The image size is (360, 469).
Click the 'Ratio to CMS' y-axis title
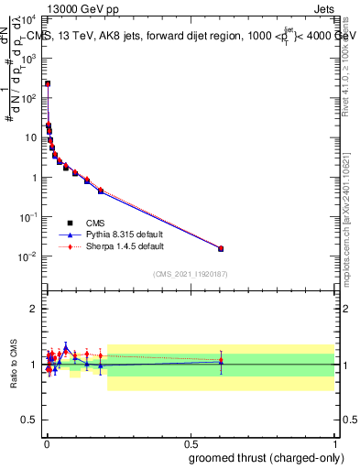click(14, 365)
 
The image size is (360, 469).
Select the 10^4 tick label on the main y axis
click(31, 18)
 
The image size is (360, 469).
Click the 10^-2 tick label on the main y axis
click(29, 256)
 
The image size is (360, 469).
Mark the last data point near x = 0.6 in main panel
click(221, 248)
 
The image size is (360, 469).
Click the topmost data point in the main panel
click(48, 83)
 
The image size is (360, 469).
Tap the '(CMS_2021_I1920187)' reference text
click(190, 273)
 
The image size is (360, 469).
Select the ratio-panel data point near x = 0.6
click(221, 362)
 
